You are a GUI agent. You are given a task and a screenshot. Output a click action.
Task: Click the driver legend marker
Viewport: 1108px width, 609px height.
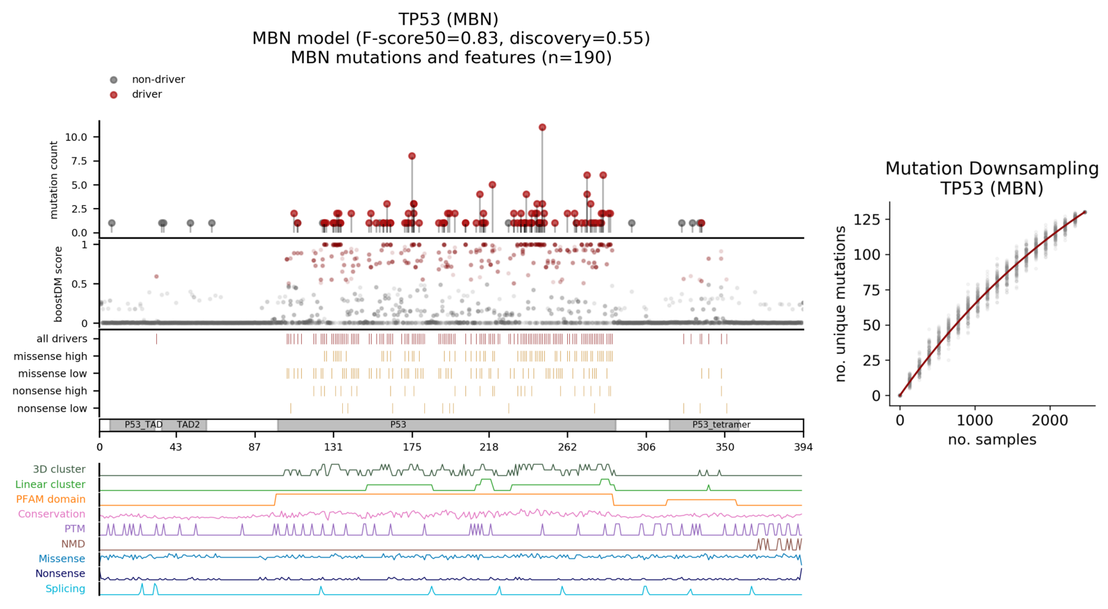click(114, 95)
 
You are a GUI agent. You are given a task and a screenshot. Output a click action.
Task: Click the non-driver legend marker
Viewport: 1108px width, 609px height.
click(114, 80)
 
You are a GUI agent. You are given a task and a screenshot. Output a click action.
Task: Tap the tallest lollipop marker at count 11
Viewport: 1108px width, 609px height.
click(542, 127)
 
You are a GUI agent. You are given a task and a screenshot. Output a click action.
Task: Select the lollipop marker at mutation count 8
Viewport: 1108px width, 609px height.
click(412, 156)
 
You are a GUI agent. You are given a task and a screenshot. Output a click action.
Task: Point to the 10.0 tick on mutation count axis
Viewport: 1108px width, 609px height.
click(76, 137)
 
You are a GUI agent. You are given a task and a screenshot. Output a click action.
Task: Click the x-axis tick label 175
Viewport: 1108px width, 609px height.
click(412, 447)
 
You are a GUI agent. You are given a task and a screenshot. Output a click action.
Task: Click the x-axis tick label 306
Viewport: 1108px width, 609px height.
click(646, 447)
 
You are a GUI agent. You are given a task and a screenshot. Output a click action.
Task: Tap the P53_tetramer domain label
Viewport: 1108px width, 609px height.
click(721, 425)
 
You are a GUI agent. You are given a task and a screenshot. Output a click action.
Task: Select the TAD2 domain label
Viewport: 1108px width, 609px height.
click(189, 425)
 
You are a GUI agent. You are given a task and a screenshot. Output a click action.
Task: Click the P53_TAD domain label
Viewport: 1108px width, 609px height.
click(143, 425)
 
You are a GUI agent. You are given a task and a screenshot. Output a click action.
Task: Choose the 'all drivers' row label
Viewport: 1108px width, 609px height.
click(62, 339)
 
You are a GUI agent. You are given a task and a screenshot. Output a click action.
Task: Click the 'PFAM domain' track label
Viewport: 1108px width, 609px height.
click(51, 499)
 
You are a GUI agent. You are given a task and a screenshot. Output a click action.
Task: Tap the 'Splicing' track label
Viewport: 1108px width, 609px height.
click(65, 589)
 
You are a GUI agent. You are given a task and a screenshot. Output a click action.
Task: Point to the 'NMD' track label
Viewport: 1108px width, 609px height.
click(73, 544)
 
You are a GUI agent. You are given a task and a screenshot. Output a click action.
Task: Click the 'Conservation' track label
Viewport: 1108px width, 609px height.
click(52, 514)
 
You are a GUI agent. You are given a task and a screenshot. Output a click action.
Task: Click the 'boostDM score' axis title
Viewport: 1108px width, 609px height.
click(59, 283)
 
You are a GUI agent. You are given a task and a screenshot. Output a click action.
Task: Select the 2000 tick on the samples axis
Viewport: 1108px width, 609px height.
click(1050, 421)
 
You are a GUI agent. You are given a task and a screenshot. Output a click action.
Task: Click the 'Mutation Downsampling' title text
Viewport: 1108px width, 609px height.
click(991, 169)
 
